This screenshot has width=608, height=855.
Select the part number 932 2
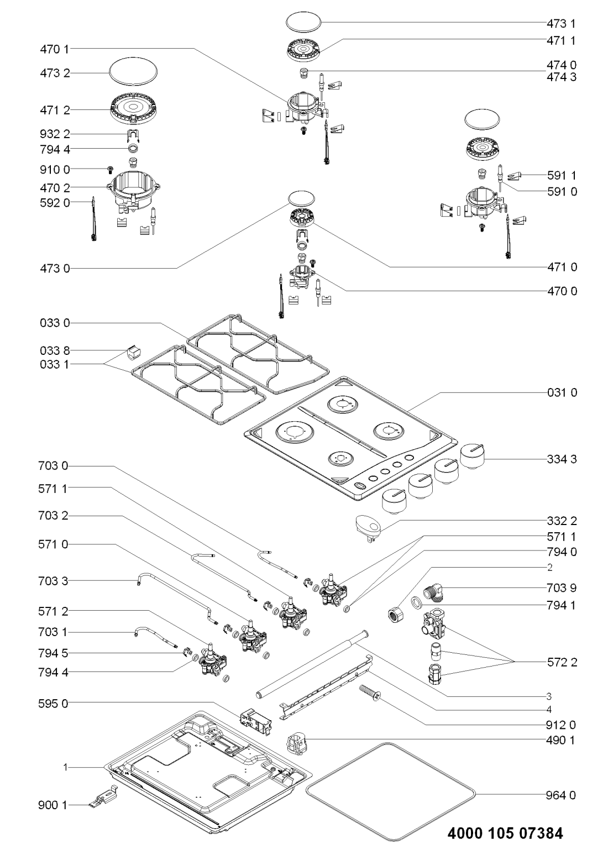click(x=54, y=134)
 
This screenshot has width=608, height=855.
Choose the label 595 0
click(x=54, y=704)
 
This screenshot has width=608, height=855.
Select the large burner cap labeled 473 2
click(x=132, y=73)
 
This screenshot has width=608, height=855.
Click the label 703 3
click(x=54, y=581)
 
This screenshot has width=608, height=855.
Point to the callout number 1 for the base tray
click(x=65, y=768)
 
